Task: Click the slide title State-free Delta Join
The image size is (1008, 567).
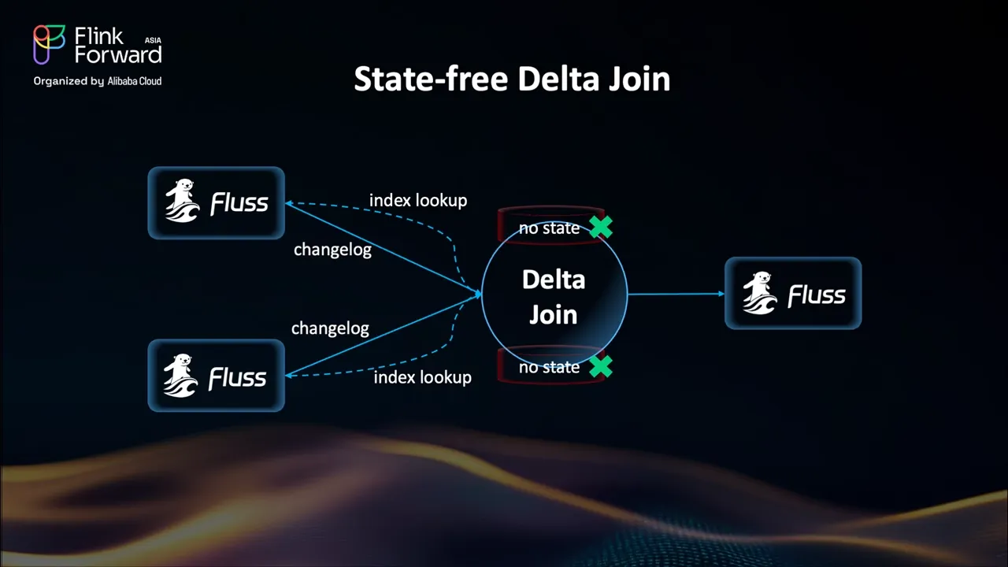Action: [512, 80]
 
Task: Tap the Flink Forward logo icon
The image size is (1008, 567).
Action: [49, 44]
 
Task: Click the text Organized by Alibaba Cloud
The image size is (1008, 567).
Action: [97, 81]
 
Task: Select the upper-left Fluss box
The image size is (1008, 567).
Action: [216, 202]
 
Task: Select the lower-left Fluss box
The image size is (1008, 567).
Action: [216, 376]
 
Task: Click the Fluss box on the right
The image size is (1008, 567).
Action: [793, 294]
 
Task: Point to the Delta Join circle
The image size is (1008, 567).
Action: [554, 296]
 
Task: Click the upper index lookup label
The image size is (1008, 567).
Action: [418, 201]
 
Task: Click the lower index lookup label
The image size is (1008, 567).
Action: [422, 377]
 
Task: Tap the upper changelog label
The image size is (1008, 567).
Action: [332, 250]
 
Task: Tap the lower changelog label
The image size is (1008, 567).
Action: [330, 328]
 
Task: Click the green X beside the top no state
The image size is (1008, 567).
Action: [601, 227]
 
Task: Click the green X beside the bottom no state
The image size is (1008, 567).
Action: [601, 366]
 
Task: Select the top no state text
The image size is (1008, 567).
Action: [549, 228]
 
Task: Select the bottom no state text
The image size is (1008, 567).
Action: [549, 368]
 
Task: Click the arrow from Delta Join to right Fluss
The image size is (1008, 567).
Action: [676, 294]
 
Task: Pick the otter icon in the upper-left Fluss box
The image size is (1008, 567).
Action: [183, 202]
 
